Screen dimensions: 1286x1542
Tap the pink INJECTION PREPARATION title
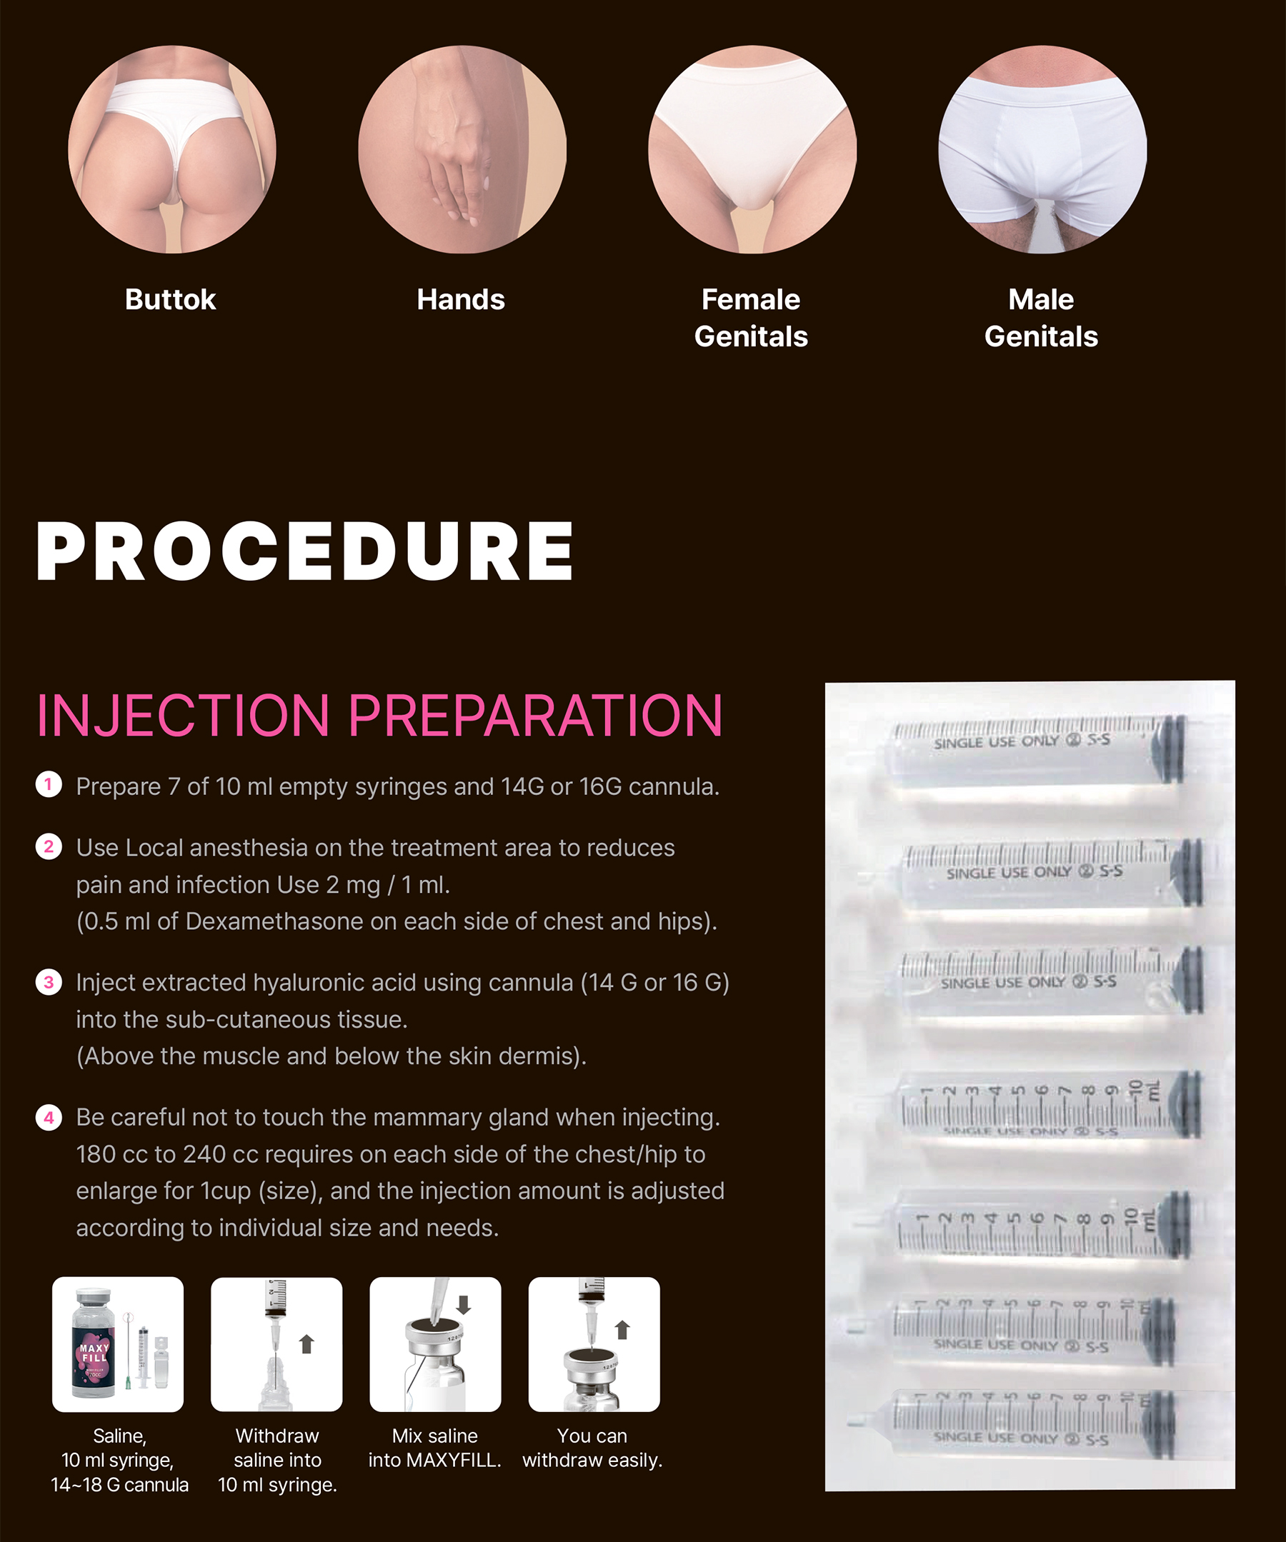[379, 715]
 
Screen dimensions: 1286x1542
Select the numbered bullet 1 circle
[49, 785]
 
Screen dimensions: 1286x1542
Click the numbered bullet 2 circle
[49, 846]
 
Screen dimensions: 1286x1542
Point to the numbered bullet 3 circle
[49, 982]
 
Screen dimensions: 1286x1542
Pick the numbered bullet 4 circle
[49, 1117]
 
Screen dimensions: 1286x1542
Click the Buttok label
[170, 299]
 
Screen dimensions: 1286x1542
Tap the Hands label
[462, 299]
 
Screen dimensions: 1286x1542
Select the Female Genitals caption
[752, 318]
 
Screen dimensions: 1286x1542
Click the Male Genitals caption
[1042, 318]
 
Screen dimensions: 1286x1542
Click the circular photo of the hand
[462, 149]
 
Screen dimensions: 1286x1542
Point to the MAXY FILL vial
[94, 1343]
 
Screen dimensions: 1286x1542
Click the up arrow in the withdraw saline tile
[307, 1343]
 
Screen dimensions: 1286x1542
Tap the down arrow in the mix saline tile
[464, 1304]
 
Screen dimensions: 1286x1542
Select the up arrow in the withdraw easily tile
[622, 1330]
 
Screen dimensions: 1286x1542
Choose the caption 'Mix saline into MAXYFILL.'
[435, 1448]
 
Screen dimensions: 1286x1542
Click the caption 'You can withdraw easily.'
[593, 1448]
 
